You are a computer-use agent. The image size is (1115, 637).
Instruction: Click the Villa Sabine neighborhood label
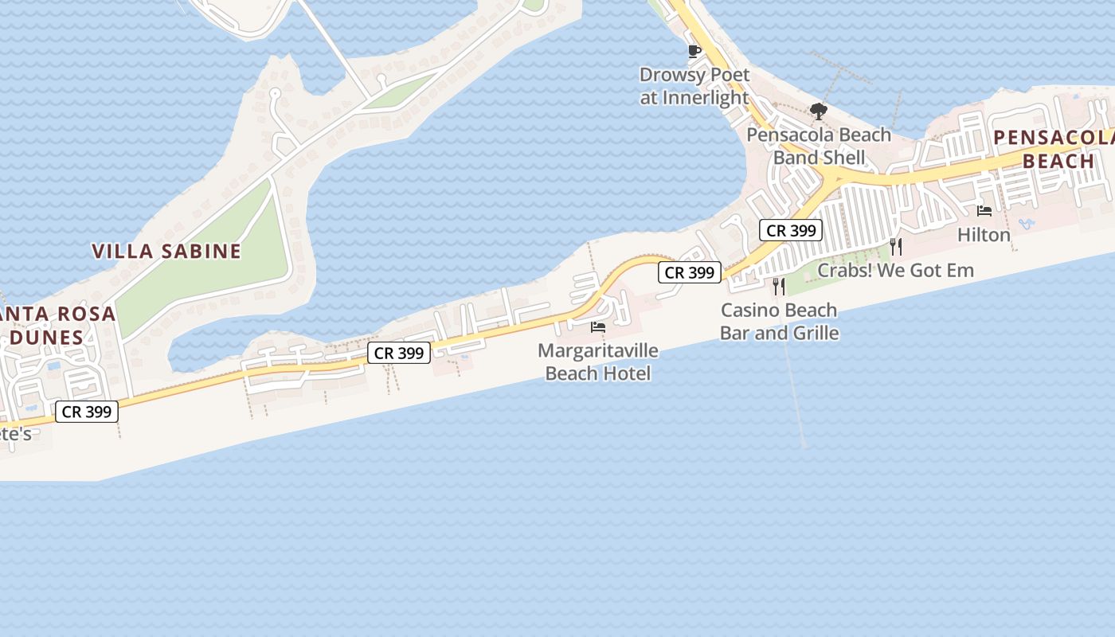click(166, 252)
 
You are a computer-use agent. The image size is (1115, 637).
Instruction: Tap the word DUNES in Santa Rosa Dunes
click(46, 337)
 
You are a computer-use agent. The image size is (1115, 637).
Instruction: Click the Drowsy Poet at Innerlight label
click(694, 86)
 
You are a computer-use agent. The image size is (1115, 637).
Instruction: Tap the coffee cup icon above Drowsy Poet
click(694, 52)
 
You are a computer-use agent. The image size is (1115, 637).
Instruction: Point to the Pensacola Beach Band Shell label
click(819, 146)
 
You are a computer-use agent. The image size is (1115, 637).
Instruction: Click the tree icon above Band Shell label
click(818, 111)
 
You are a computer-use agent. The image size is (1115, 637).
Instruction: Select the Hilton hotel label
click(984, 235)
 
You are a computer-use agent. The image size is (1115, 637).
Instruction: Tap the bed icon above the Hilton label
click(984, 211)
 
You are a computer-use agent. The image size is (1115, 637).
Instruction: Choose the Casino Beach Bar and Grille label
click(779, 321)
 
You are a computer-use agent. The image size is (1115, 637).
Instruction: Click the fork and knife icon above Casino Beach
click(779, 286)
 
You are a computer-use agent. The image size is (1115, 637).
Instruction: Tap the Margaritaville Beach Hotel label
click(598, 361)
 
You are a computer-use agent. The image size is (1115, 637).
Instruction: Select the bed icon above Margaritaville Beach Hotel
click(598, 326)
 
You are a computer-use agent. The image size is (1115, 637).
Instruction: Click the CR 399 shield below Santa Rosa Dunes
click(87, 412)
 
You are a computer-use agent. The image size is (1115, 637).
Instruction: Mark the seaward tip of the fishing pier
click(804, 445)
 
